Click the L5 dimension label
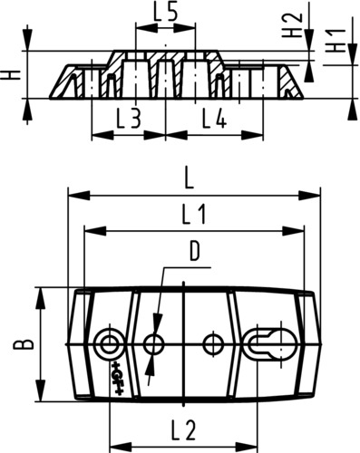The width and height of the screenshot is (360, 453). [x=165, y=13]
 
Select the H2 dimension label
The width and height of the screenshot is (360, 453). [x=292, y=24]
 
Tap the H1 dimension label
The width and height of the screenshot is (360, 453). [x=336, y=41]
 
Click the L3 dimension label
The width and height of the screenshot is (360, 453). [x=129, y=119]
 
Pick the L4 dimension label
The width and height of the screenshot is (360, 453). [x=214, y=119]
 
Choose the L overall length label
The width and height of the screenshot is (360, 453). [x=189, y=180]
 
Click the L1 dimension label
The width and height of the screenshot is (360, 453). [x=194, y=214]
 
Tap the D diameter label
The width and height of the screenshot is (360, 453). [x=195, y=253]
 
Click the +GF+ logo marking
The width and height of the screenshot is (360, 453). [x=116, y=378]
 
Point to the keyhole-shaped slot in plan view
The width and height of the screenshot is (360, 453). [x=271, y=344]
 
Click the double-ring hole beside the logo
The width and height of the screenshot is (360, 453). [x=109, y=344]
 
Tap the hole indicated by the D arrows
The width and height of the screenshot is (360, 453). [x=154, y=344]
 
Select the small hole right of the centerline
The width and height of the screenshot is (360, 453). [x=213, y=344]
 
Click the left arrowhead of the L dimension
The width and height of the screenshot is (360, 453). [x=80, y=196]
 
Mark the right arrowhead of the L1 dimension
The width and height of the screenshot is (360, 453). [x=293, y=232]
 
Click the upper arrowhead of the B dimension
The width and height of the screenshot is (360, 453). [x=41, y=298]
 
